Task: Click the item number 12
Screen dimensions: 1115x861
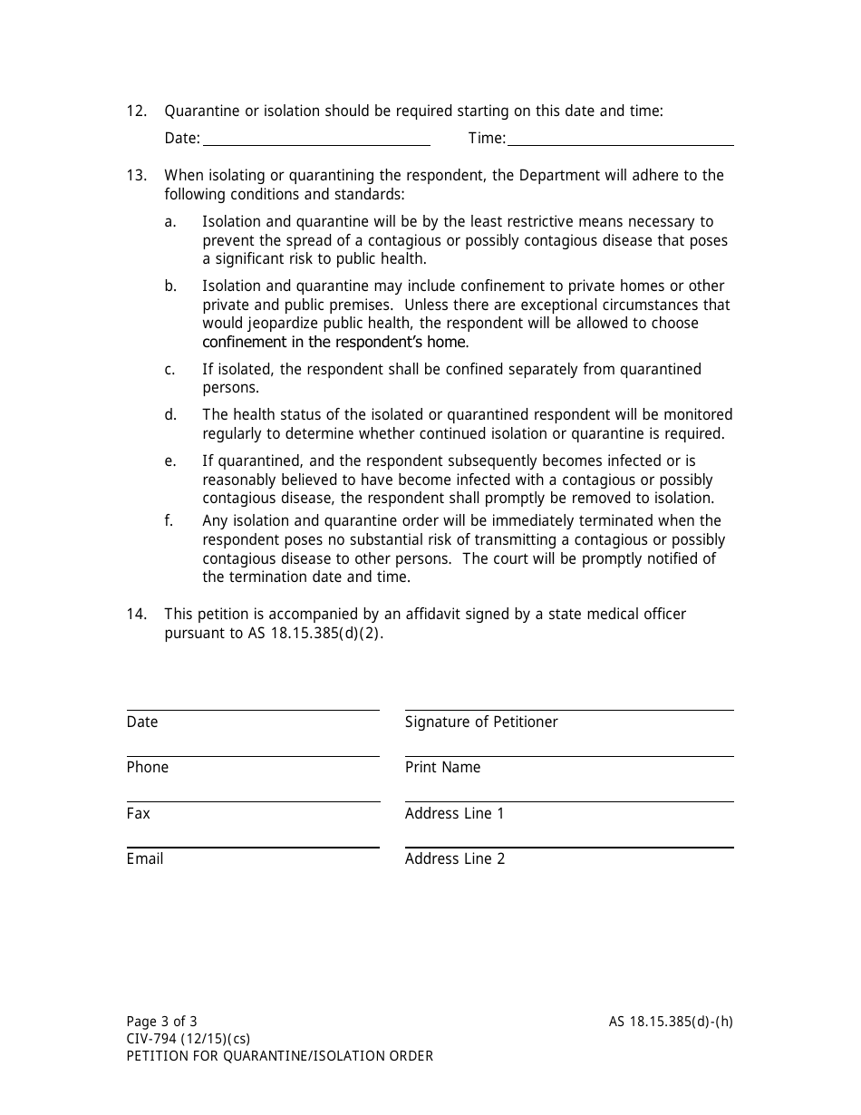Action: point(136,111)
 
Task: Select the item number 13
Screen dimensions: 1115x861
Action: point(136,176)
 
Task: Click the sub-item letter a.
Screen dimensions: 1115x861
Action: point(170,222)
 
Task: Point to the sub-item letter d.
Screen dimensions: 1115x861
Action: point(170,415)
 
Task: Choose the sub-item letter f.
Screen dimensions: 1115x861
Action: point(169,521)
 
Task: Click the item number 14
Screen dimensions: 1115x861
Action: point(136,615)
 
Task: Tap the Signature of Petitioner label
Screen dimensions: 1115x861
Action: point(481,722)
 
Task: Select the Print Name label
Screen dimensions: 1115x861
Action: point(442,768)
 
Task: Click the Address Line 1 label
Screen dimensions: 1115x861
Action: point(454,814)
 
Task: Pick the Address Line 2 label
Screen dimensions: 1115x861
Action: point(454,859)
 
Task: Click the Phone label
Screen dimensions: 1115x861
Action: point(148,768)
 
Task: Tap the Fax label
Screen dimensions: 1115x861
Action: point(139,814)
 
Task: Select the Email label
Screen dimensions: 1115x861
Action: point(145,859)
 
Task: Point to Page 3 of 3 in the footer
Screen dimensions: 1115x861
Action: point(161,1022)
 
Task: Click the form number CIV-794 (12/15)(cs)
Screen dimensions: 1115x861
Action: point(188,1039)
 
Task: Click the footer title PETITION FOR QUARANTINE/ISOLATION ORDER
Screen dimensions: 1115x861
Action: point(280,1056)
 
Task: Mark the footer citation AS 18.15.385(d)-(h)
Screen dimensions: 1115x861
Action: point(671,1022)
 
